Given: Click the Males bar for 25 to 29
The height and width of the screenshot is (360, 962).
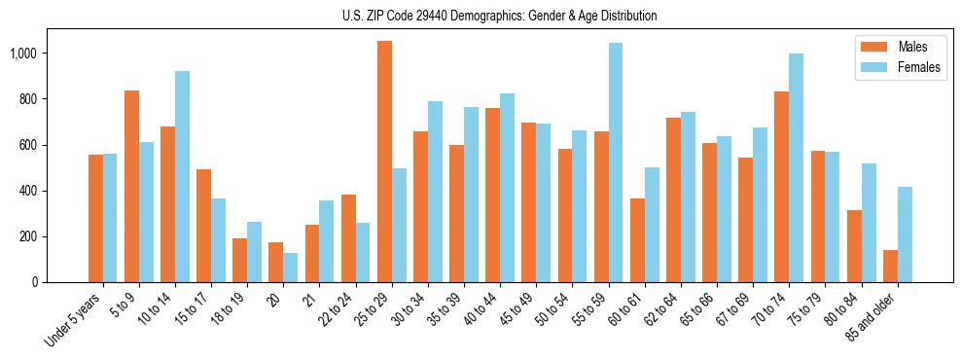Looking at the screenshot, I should (384, 162).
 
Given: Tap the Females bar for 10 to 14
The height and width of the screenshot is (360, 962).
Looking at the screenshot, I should (183, 176).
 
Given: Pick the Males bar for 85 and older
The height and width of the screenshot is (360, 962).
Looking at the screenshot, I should (890, 266).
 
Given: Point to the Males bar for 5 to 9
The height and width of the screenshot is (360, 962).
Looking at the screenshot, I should (132, 186).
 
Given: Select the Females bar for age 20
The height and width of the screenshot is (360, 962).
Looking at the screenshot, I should (291, 268).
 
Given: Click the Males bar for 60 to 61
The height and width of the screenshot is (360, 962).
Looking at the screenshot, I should (637, 240).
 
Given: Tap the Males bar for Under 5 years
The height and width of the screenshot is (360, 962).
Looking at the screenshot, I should (95, 218).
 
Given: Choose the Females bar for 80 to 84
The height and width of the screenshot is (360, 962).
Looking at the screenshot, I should (869, 223).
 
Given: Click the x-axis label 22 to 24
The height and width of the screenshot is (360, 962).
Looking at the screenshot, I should (344, 309).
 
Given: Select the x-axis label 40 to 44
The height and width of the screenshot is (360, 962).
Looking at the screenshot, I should (489, 309).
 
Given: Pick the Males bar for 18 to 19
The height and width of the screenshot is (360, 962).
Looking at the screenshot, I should (240, 260).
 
